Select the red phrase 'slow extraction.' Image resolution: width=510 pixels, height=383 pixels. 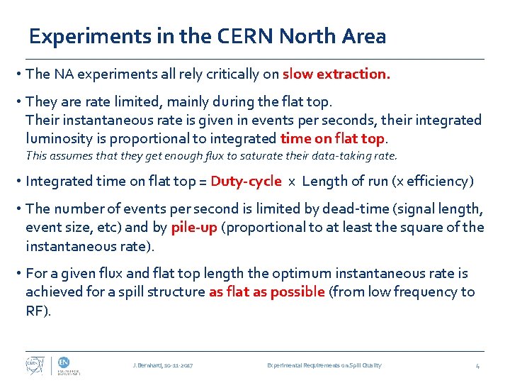point(336,74)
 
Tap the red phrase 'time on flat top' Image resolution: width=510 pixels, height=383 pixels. point(334,138)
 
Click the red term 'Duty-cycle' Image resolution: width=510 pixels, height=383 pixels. point(246,181)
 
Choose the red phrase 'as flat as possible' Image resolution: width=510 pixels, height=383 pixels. point(267,292)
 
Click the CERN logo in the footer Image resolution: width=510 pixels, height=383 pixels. point(33,365)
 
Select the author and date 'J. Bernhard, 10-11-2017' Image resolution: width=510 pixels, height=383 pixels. point(163,365)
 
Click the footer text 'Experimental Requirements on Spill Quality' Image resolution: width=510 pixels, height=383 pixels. point(324,365)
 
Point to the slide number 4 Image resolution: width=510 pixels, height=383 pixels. point(477,365)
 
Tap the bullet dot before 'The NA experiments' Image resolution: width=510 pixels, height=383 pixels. point(18,74)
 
